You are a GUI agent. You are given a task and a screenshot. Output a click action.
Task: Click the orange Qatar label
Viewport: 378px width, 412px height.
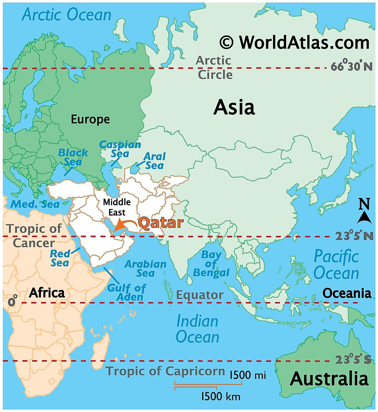pyautogui.click(x=161, y=223)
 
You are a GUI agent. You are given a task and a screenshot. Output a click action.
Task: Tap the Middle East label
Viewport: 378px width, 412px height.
pyautogui.click(x=117, y=207)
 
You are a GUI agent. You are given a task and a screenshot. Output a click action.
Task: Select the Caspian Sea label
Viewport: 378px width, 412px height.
pyautogui.click(x=120, y=149)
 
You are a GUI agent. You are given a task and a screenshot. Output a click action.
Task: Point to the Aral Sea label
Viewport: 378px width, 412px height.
pyautogui.click(x=154, y=161)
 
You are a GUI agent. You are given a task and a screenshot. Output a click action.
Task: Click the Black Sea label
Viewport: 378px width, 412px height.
pyautogui.click(x=73, y=157)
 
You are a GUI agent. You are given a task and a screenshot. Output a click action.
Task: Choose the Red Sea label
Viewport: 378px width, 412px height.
pyautogui.click(x=60, y=258)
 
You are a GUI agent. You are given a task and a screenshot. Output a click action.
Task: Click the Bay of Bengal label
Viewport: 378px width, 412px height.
pyautogui.click(x=211, y=263)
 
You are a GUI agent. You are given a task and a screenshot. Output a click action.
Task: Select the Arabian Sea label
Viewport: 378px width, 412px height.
pyautogui.click(x=145, y=268)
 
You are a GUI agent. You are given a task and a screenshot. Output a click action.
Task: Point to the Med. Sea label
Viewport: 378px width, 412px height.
pyautogui.click(x=35, y=204)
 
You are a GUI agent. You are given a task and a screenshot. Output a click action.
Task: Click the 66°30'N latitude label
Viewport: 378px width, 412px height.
pyautogui.click(x=352, y=66)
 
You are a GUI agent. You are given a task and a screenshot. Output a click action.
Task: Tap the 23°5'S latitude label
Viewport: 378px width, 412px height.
pyautogui.click(x=353, y=360)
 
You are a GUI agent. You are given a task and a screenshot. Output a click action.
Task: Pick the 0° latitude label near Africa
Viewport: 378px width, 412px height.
pyautogui.click(x=12, y=301)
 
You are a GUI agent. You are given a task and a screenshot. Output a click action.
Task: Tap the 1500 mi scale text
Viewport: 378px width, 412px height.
pyautogui.click(x=248, y=375)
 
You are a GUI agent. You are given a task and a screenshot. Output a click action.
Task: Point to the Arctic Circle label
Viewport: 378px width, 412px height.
pyautogui.click(x=214, y=68)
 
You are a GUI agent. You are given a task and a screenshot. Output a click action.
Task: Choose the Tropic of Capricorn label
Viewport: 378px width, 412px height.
pyautogui.click(x=166, y=371)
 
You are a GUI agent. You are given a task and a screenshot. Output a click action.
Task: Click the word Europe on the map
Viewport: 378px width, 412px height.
pyautogui.click(x=90, y=119)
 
